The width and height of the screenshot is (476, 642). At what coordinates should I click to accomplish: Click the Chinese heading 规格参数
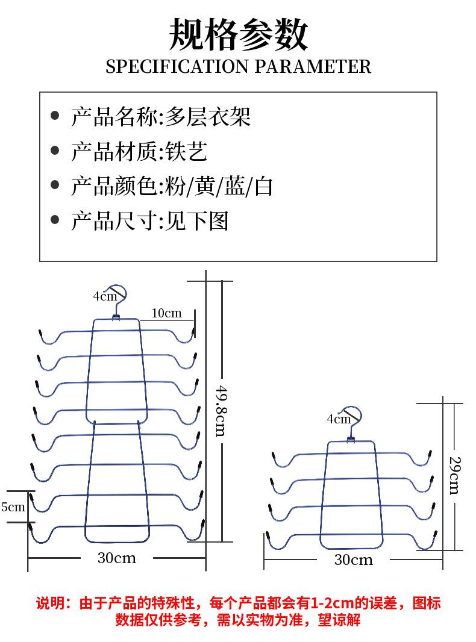coord(238,34)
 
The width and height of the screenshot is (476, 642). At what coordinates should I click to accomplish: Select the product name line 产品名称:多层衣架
coord(160,116)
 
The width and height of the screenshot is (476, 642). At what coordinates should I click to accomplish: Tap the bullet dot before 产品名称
coord(55,116)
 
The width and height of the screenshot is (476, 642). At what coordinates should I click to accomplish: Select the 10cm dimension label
coord(166,313)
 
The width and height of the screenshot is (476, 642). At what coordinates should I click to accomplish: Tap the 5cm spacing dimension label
coord(13,507)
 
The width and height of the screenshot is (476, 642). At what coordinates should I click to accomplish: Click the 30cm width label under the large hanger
coord(117,558)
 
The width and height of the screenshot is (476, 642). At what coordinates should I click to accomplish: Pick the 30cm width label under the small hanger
coord(354,560)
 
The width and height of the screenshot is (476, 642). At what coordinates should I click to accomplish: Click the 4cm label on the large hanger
coord(104,296)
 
